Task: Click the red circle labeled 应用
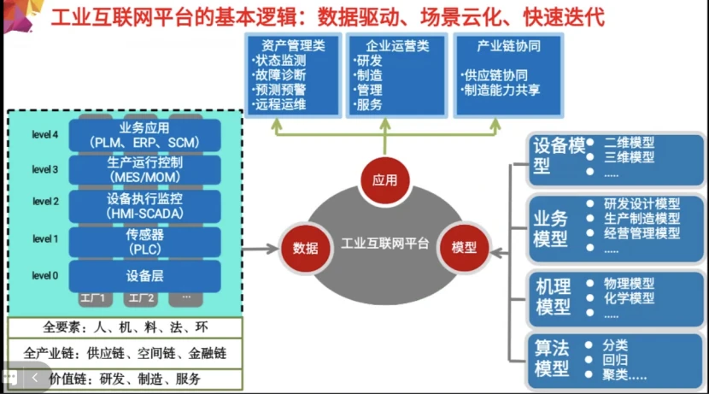[x=384, y=181]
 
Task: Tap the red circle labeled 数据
[x=305, y=248]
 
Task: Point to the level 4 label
[x=45, y=134]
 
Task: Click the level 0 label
[x=45, y=275]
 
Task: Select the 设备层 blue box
[x=143, y=275]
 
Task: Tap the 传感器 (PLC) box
[x=143, y=240]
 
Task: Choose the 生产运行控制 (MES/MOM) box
[x=143, y=169]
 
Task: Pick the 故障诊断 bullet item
[x=280, y=75]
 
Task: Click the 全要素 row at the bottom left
[x=125, y=327]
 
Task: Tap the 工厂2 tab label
[x=141, y=298]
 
